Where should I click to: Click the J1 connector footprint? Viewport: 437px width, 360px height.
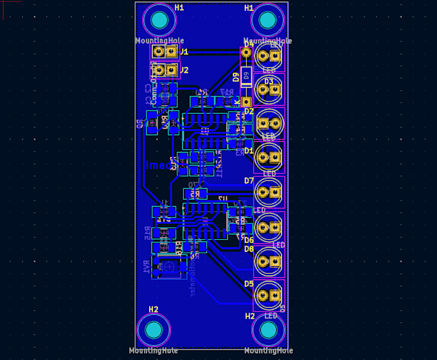[x=165, y=52]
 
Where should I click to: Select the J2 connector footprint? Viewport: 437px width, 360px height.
[x=165, y=69]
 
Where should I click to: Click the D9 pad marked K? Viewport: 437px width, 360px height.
[x=245, y=102]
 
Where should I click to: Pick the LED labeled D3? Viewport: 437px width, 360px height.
[x=269, y=91]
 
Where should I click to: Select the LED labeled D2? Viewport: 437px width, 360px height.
[x=269, y=122]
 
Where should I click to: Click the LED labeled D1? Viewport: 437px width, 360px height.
[x=269, y=156]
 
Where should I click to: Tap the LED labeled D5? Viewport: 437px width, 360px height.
[x=269, y=296]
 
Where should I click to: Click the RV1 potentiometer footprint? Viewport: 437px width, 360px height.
[x=168, y=266]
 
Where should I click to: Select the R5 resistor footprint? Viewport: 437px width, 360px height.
[x=195, y=194]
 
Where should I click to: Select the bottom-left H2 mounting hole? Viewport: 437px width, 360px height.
[x=154, y=330]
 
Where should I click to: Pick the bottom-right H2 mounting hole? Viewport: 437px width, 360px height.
[x=267, y=330]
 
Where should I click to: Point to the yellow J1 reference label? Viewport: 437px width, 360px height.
[x=184, y=51]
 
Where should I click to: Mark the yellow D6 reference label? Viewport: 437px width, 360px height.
[x=249, y=240]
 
